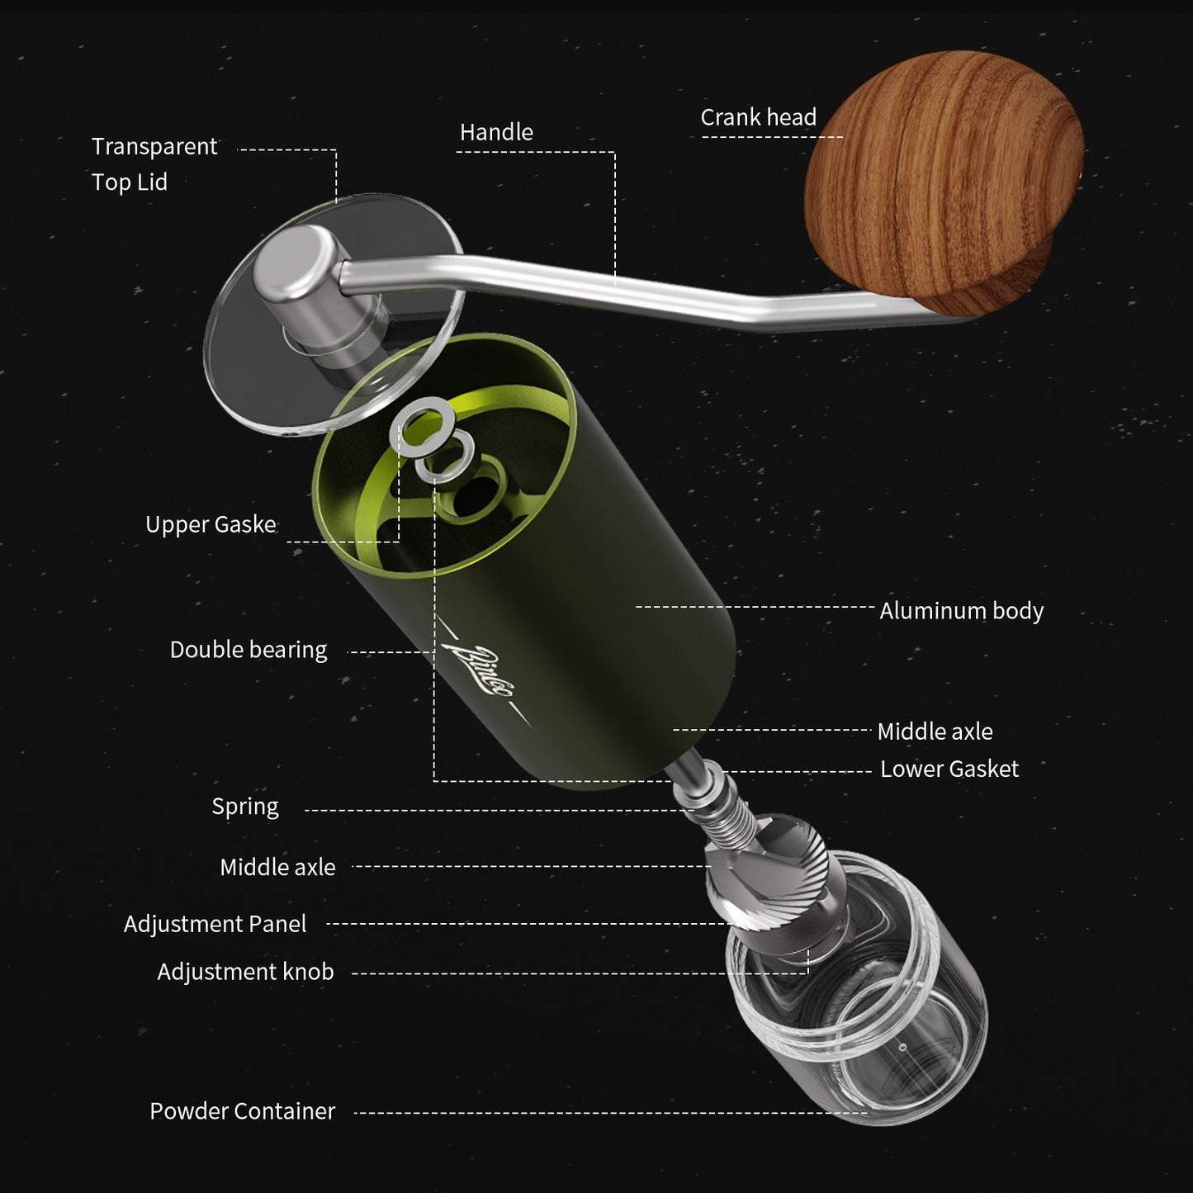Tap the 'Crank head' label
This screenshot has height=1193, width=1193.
(758, 117)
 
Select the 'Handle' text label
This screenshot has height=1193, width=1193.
(496, 132)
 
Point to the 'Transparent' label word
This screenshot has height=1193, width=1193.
(154, 146)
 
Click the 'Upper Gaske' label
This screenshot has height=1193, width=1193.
(211, 524)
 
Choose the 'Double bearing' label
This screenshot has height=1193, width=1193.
(248, 650)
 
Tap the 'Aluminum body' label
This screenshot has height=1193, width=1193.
(961, 611)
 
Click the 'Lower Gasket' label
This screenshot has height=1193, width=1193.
(949, 769)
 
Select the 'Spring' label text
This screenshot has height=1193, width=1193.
(244, 807)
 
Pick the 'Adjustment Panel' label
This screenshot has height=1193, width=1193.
(215, 924)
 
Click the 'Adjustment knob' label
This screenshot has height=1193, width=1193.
(245, 972)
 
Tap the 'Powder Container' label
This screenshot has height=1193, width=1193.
(242, 1111)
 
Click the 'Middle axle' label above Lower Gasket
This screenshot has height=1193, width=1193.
(935, 731)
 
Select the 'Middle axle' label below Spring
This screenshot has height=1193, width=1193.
(277, 867)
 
